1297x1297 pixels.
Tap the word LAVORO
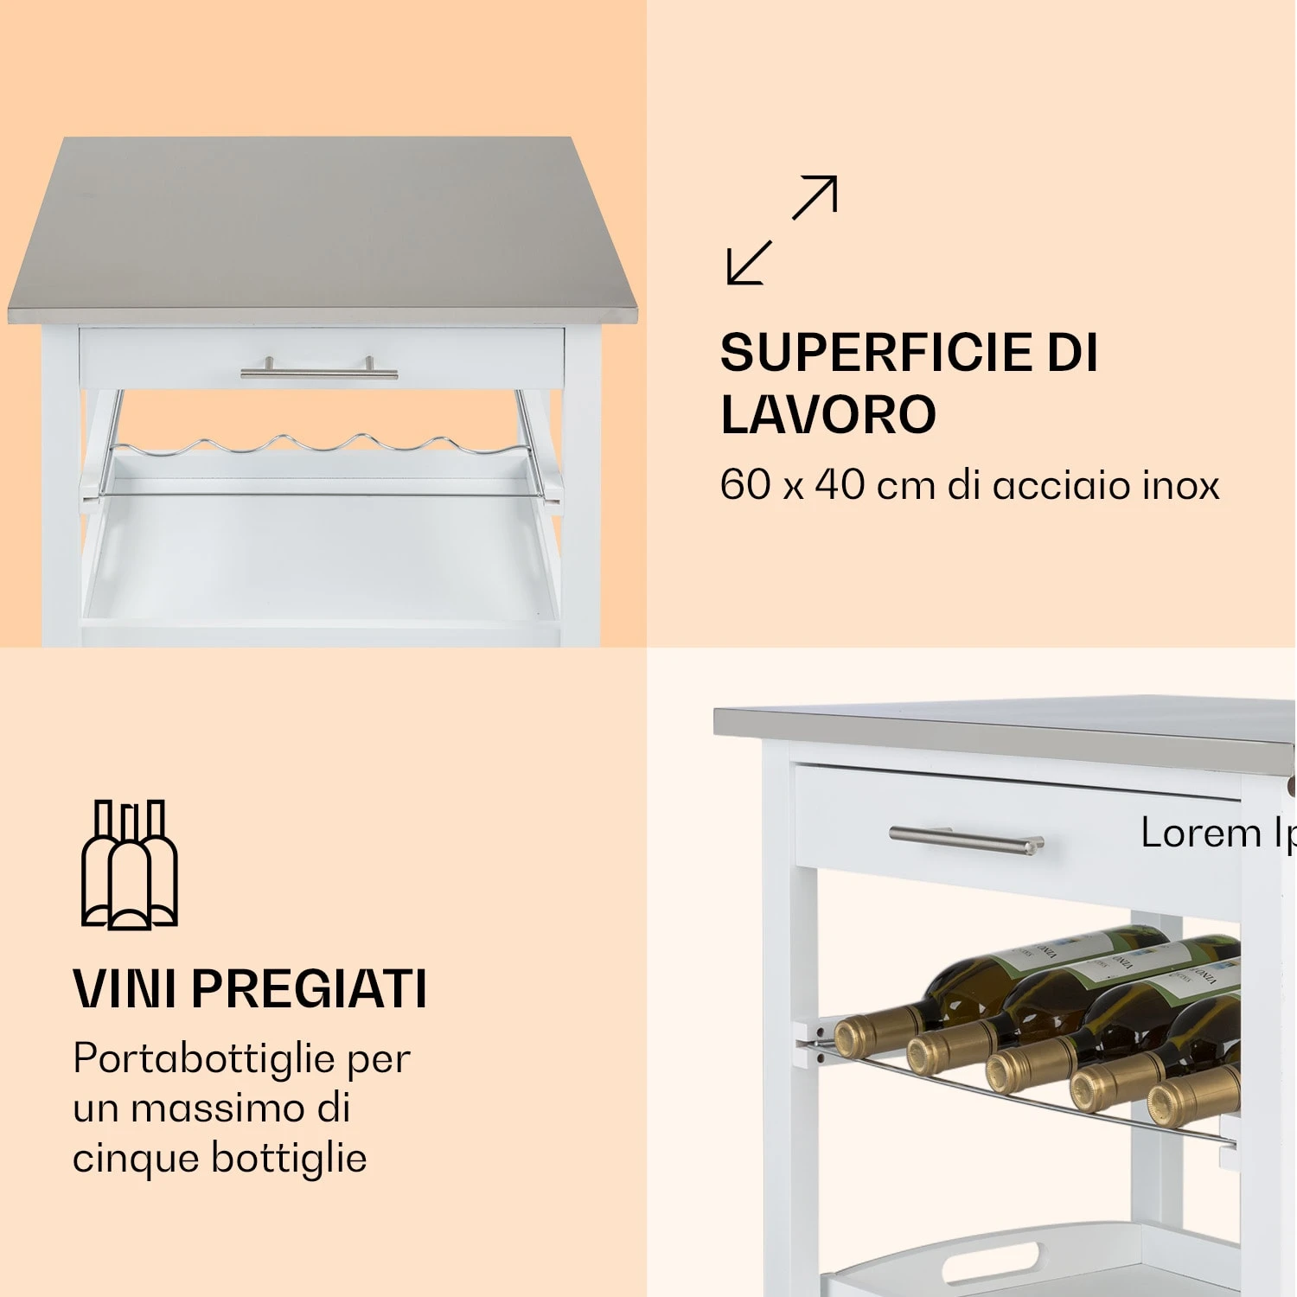[827, 414]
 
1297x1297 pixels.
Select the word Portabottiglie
[204, 1058]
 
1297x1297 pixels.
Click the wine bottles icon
[130, 865]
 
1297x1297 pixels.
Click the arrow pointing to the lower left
[748, 263]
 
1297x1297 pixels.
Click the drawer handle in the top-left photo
[319, 372]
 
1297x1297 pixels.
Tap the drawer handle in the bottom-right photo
[966, 838]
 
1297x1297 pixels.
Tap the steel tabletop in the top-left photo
[320, 225]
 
